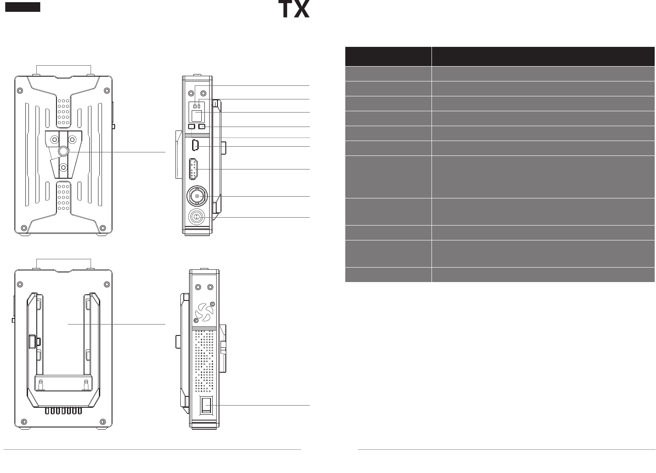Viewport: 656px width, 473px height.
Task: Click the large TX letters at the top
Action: point(294,9)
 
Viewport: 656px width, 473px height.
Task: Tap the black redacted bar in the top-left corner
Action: point(23,7)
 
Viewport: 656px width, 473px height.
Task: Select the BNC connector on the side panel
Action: point(196,197)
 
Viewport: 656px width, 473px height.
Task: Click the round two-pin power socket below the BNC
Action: point(196,217)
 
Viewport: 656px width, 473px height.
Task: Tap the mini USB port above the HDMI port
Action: point(196,145)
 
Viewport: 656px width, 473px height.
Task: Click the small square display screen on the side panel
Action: point(197,116)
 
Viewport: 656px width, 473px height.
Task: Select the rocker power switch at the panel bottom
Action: point(206,405)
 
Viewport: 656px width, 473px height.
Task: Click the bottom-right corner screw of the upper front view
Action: point(103,228)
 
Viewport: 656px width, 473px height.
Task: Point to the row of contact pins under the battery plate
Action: point(63,411)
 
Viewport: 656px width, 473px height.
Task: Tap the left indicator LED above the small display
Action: point(195,106)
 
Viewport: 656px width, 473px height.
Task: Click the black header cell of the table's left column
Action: point(388,56)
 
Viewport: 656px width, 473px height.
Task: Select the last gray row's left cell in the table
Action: point(388,275)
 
